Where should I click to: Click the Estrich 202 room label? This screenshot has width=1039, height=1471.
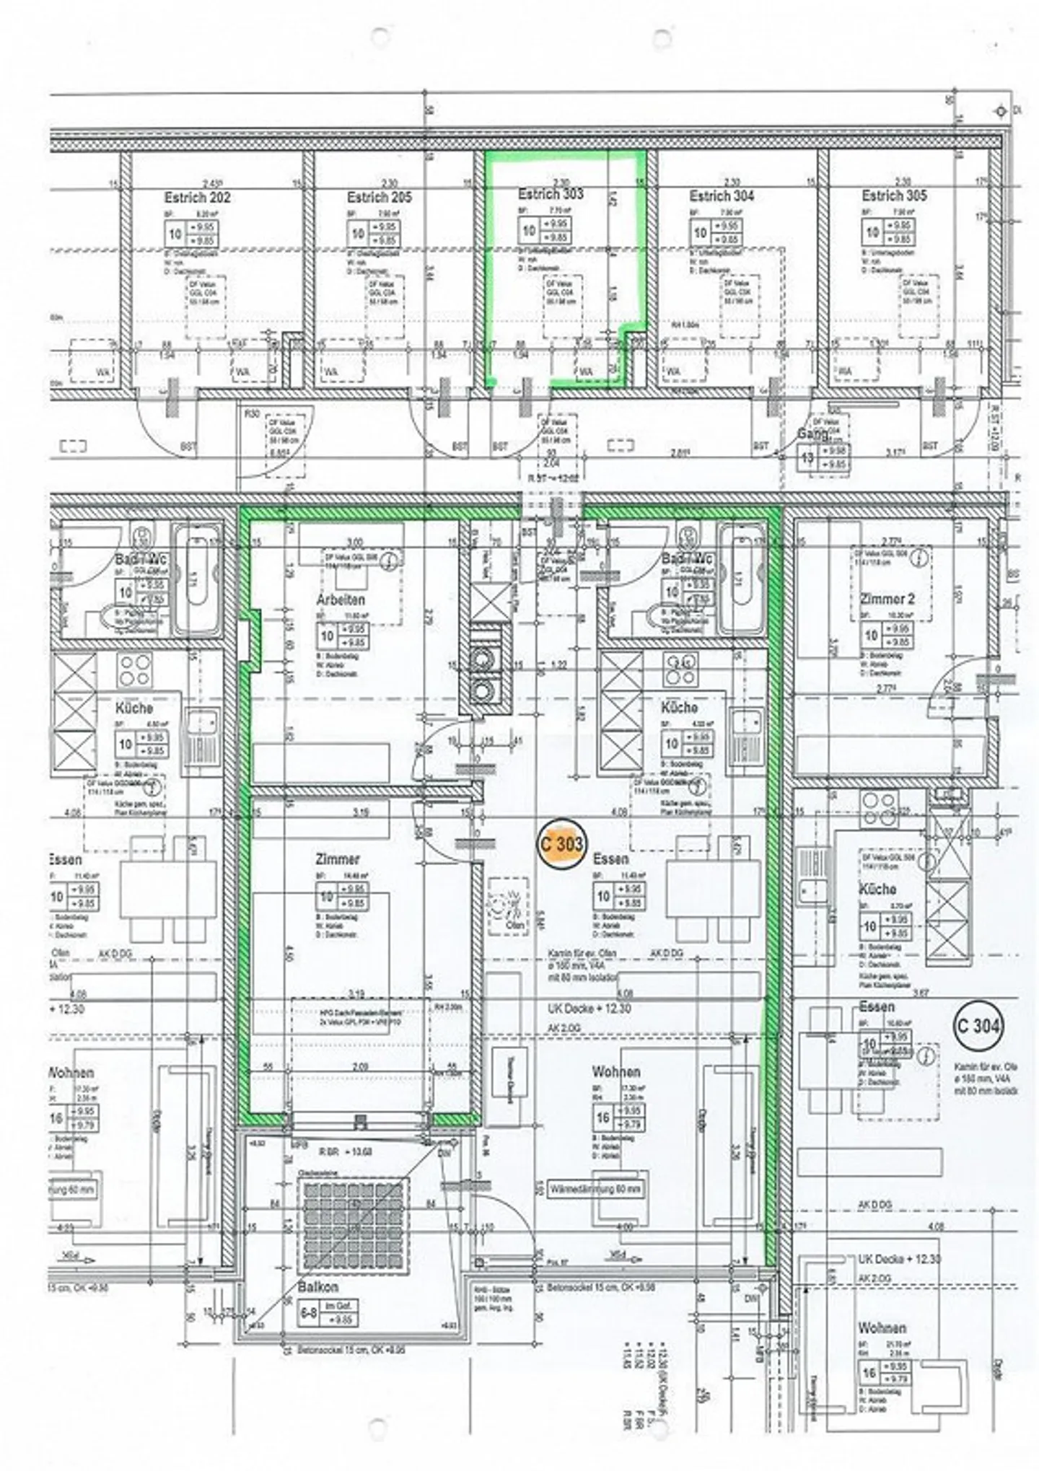[197, 198]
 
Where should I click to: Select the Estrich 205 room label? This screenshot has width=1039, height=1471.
[379, 197]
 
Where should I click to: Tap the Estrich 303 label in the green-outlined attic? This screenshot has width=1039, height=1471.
[551, 194]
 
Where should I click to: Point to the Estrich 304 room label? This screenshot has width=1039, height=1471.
[722, 196]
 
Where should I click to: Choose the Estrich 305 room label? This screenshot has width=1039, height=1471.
[894, 196]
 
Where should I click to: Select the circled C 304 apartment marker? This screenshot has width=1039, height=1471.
[978, 1025]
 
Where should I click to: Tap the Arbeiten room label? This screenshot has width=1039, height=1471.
[341, 600]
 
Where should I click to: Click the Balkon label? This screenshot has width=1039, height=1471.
[318, 1286]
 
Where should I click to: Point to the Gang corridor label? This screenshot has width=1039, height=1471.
[813, 434]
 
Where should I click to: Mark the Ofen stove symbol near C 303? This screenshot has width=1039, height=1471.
[509, 906]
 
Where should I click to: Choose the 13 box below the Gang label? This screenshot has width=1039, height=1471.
[807, 459]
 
